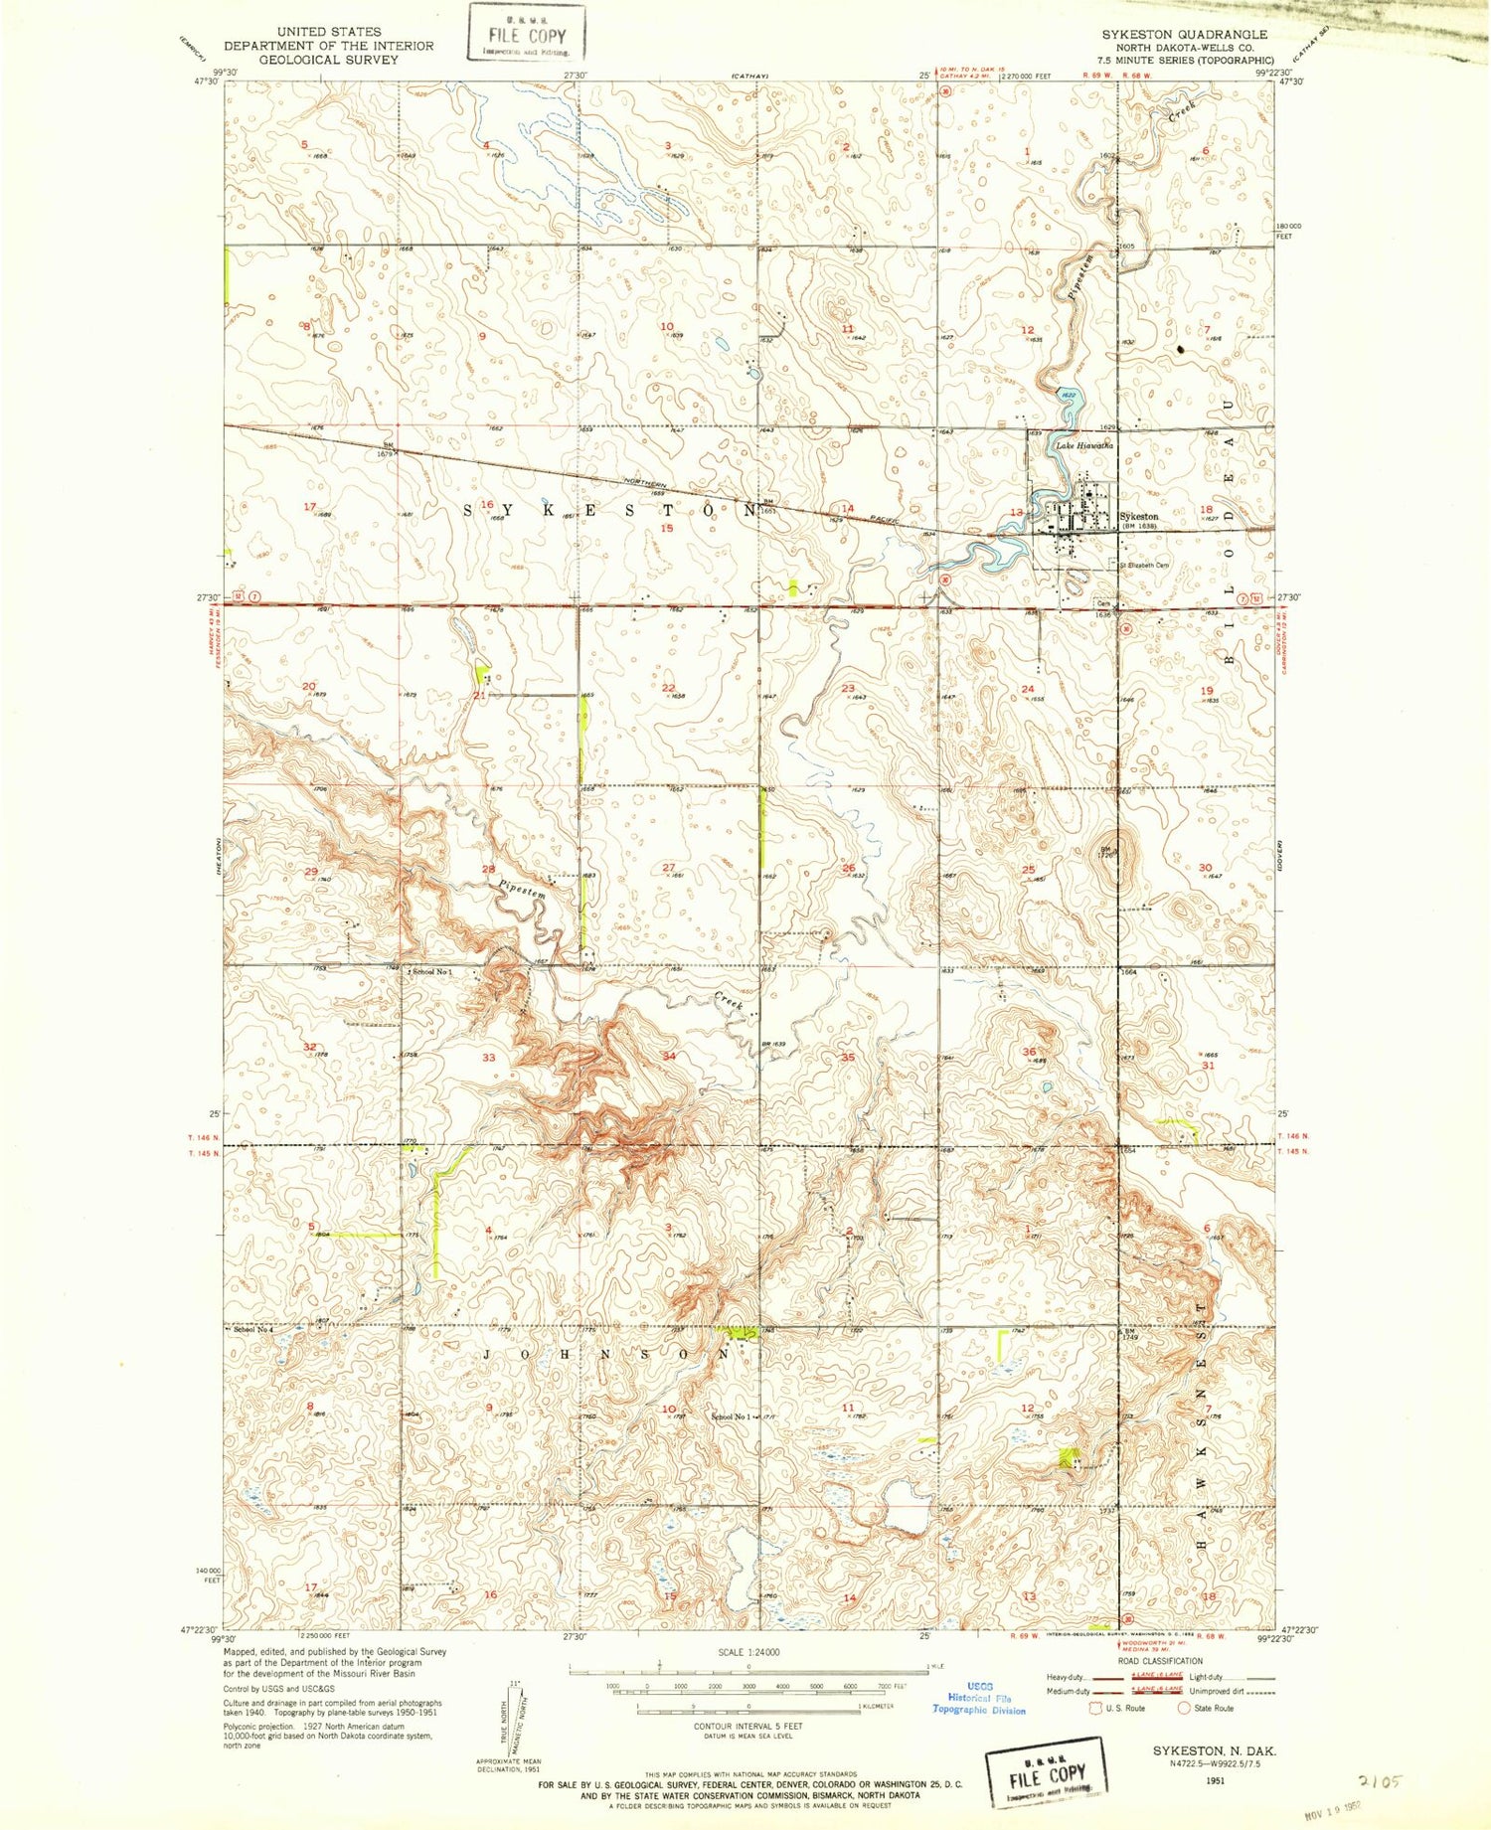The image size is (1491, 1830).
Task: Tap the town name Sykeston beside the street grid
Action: [x=1138, y=517]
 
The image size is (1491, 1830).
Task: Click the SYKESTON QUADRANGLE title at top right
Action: [x=1183, y=34]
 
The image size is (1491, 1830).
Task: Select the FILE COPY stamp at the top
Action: [x=527, y=34]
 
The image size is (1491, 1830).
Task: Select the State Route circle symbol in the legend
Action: [x=1183, y=1708]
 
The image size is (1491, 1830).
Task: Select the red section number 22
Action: [x=668, y=688]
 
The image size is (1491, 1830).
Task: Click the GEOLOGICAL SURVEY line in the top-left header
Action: [x=328, y=60]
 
